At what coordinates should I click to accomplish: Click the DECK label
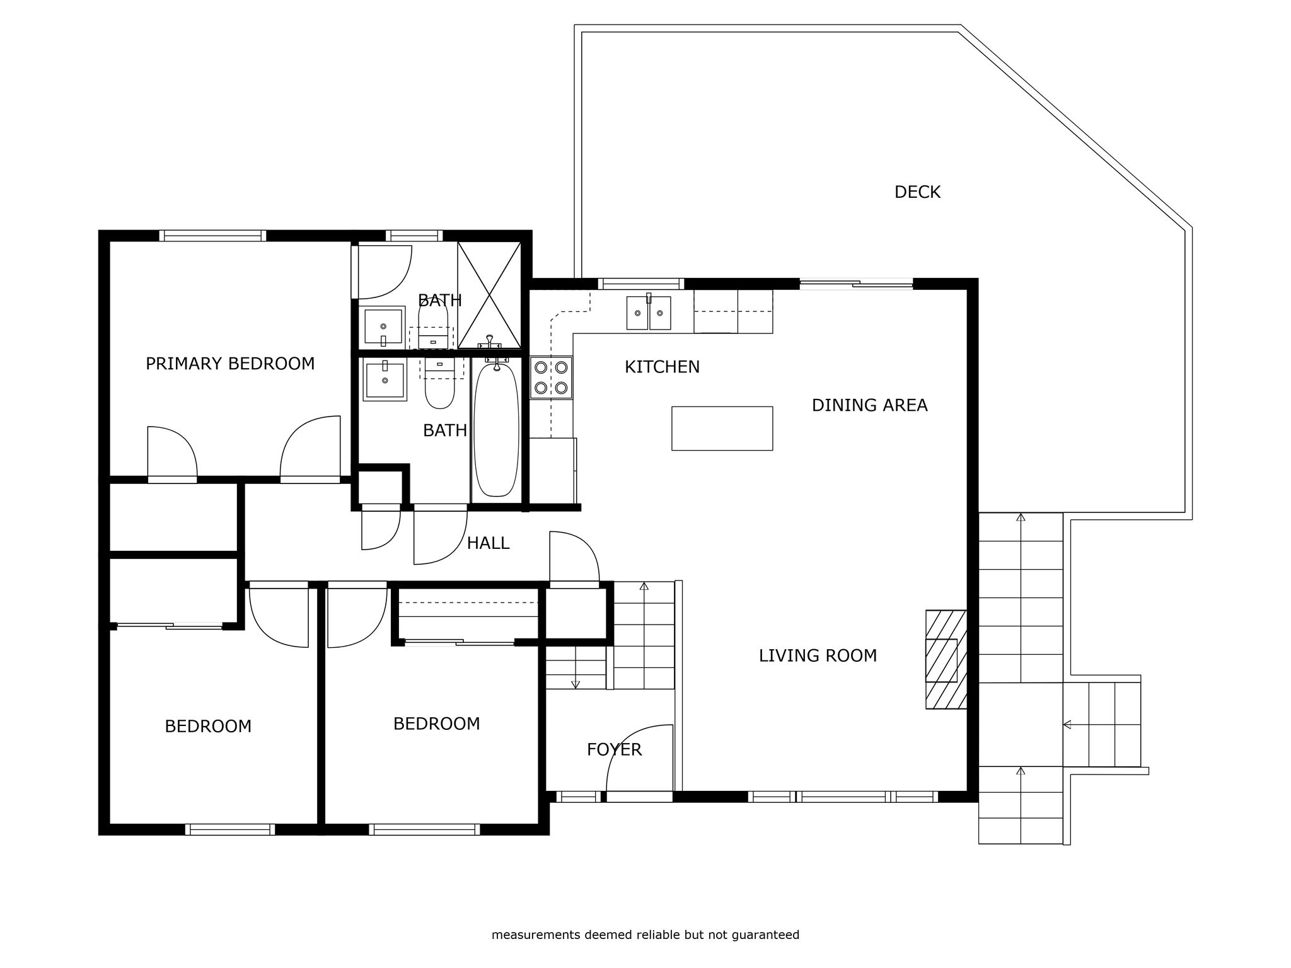pyautogui.click(x=917, y=192)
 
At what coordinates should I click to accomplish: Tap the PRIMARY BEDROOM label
pyautogui.click(x=230, y=364)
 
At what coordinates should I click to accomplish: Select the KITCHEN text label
pyautogui.click(x=662, y=367)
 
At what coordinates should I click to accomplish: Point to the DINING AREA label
pyautogui.click(x=869, y=405)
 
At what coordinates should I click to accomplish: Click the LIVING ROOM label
pyautogui.click(x=818, y=656)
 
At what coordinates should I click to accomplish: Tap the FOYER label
pyautogui.click(x=614, y=749)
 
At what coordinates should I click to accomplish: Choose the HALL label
pyautogui.click(x=488, y=543)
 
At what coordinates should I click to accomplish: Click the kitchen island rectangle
pyautogui.click(x=722, y=429)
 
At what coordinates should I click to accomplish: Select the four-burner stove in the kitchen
pyautogui.click(x=552, y=377)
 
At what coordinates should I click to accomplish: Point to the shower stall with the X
pyautogui.click(x=489, y=295)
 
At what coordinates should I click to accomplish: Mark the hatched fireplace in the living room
pyautogui.click(x=946, y=659)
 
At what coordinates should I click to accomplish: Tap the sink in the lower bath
pyautogui.click(x=384, y=379)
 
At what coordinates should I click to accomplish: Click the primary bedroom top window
pyautogui.click(x=212, y=236)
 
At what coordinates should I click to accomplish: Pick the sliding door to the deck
pyautogui.click(x=856, y=284)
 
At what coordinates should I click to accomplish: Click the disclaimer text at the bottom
pyautogui.click(x=645, y=935)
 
